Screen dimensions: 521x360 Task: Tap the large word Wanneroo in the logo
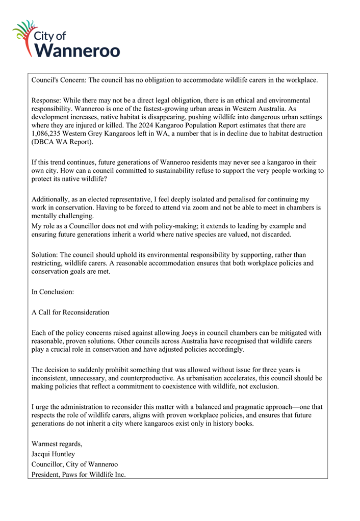click(79, 50)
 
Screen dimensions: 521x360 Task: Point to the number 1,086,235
click(52, 133)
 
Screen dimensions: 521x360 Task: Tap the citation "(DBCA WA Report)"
click(61, 142)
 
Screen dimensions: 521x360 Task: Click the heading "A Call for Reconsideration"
click(70, 312)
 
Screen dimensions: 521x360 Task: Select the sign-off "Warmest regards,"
click(57, 444)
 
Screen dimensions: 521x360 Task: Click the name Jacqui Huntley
click(53, 454)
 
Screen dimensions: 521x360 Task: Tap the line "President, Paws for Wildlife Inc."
click(79, 474)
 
